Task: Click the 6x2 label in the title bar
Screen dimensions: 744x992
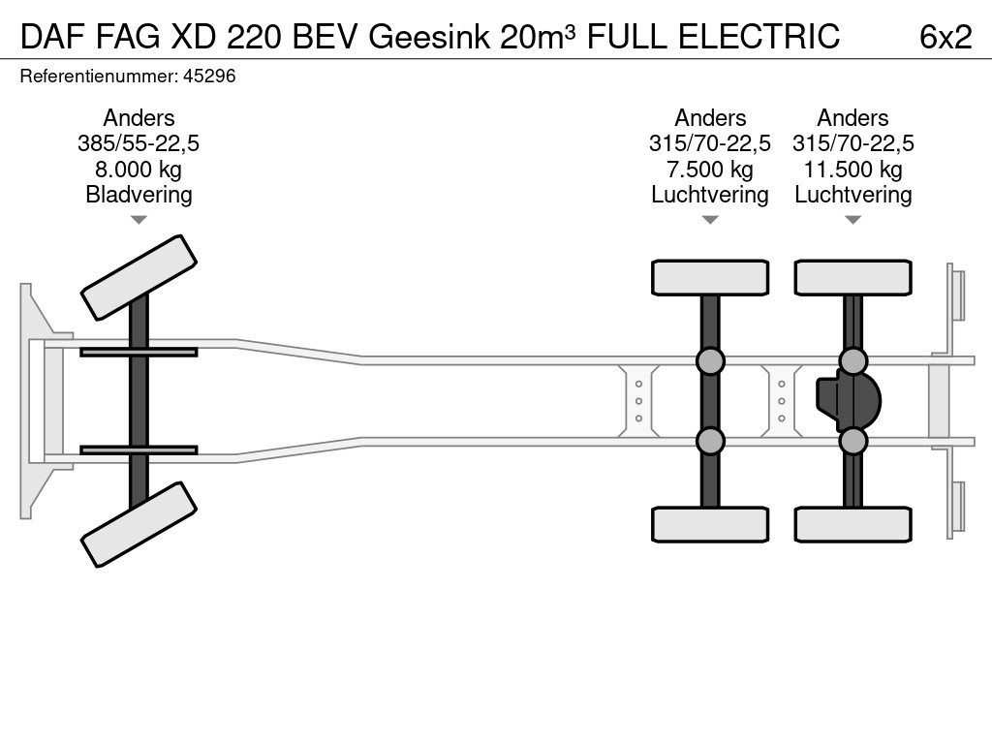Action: (x=945, y=36)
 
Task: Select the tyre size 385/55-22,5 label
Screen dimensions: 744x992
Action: (x=139, y=143)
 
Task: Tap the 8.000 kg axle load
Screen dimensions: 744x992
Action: (x=139, y=170)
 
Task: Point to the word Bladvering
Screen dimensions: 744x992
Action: (x=139, y=195)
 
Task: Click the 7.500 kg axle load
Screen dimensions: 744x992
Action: (x=710, y=170)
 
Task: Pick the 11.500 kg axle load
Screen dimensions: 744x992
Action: (x=852, y=170)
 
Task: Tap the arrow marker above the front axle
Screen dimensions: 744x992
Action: (x=139, y=220)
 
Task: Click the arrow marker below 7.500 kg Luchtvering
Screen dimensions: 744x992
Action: (x=710, y=220)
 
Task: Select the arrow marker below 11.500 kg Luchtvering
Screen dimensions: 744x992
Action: (x=852, y=220)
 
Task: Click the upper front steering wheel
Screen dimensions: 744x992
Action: (x=139, y=277)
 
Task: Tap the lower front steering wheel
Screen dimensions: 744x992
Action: (x=139, y=524)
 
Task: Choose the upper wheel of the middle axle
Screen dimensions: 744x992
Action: (x=710, y=277)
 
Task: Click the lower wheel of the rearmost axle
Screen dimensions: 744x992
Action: (x=852, y=524)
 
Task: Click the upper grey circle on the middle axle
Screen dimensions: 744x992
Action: (x=710, y=361)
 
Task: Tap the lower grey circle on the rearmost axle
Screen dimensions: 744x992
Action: (x=852, y=442)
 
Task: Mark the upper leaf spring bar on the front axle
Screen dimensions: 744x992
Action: (x=139, y=352)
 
